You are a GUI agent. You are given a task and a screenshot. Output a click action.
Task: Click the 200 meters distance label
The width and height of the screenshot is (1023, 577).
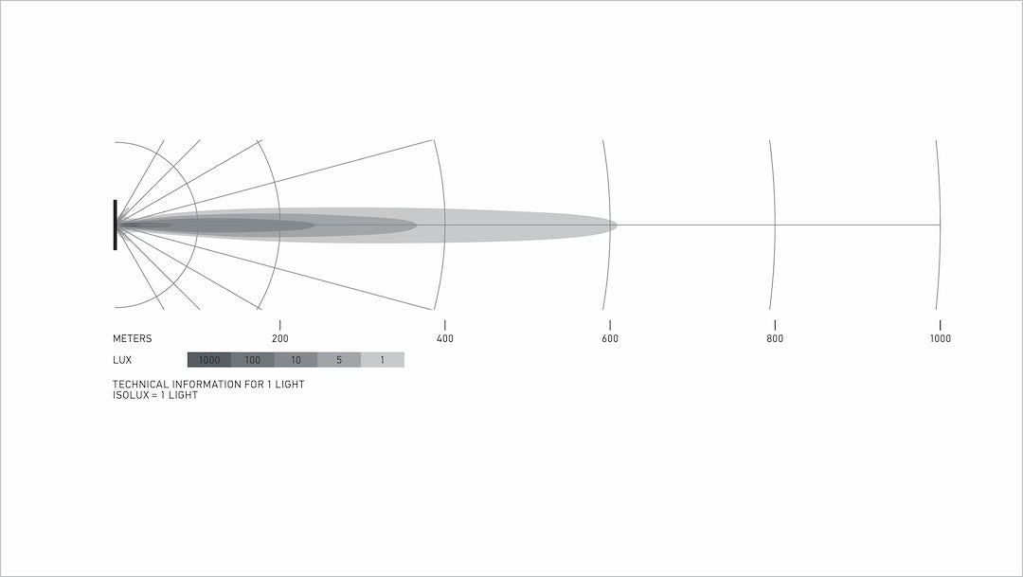279,338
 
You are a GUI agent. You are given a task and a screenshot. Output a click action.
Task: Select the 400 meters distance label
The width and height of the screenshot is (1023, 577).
445,338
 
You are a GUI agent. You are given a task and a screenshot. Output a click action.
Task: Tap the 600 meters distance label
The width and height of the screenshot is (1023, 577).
610,338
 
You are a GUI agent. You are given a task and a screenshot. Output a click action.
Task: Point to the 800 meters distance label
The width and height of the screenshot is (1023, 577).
775,338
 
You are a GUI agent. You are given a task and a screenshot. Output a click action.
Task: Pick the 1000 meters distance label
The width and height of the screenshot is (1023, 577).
941,338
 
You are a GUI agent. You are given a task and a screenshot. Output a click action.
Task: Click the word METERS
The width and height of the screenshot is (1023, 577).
133,338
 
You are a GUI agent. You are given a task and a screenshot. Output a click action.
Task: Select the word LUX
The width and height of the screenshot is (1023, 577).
122,360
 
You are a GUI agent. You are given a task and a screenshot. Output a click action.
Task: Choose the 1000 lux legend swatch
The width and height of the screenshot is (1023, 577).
208,360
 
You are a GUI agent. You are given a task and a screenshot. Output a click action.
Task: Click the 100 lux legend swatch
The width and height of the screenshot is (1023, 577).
253,360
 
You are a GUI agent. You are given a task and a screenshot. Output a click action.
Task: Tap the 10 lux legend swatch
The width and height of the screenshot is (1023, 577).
296,360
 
